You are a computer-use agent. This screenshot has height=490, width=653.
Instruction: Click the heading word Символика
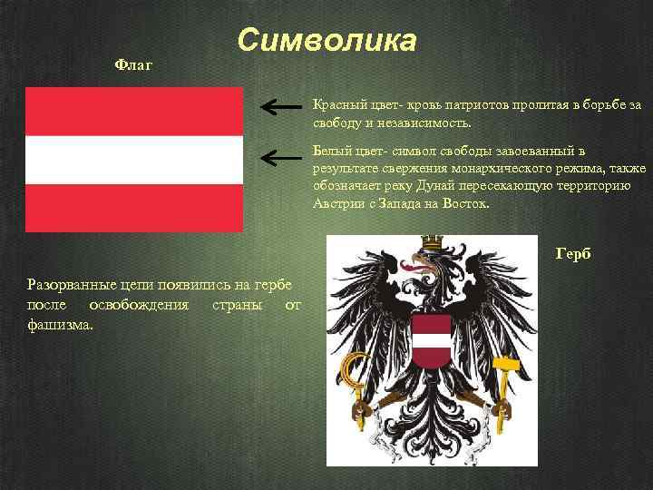pos(327,41)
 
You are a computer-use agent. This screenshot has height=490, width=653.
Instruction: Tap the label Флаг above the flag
pos(134,65)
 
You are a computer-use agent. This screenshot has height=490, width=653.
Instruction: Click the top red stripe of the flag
pos(134,112)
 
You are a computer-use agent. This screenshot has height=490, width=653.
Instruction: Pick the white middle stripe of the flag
pos(134,160)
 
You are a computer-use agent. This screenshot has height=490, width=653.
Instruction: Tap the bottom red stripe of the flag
pos(134,208)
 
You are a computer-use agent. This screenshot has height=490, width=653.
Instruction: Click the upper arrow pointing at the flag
pos(280,108)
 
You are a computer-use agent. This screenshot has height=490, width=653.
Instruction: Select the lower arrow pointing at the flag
pos(280,157)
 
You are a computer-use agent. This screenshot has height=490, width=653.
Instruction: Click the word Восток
pos(466,203)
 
